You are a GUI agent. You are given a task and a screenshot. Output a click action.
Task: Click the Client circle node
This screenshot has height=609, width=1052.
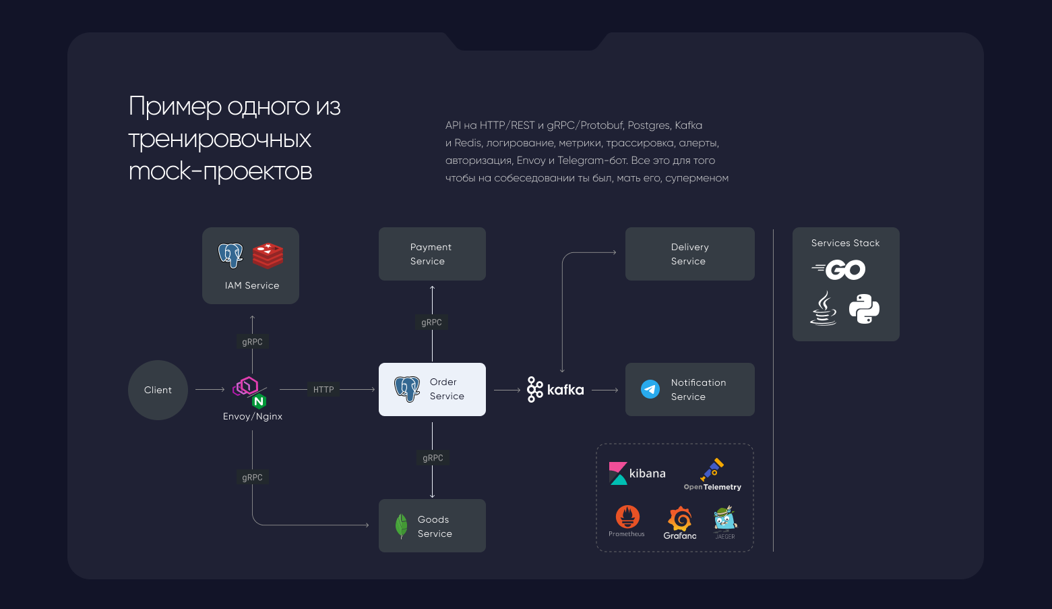pyautogui.click(x=158, y=390)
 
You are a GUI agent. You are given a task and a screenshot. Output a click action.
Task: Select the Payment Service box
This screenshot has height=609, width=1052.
pyautogui.click(x=432, y=254)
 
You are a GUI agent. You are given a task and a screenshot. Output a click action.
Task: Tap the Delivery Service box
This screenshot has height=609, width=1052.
pyautogui.click(x=689, y=254)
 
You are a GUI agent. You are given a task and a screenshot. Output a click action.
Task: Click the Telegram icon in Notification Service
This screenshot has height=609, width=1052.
pyautogui.click(x=650, y=389)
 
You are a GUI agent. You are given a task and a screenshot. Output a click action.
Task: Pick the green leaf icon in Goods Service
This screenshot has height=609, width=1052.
pyautogui.click(x=402, y=526)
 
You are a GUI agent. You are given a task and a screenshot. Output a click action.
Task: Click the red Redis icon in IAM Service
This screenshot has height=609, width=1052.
pyautogui.click(x=268, y=256)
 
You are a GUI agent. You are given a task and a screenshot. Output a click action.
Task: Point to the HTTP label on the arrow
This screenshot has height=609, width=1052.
pyautogui.click(x=323, y=389)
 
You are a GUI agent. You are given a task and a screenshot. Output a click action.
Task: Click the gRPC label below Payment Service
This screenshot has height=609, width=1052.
pyautogui.click(x=432, y=322)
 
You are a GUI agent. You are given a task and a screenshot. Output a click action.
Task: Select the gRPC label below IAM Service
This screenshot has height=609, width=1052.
pyautogui.click(x=253, y=342)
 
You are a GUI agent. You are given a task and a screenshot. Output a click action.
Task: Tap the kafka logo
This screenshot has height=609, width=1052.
pyautogui.click(x=555, y=389)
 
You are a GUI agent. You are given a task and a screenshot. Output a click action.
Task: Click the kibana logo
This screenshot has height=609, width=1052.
pyautogui.click(x=637, y=473)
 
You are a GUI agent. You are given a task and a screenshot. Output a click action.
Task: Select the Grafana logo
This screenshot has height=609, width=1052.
pyautogui.click(x=680, y=521)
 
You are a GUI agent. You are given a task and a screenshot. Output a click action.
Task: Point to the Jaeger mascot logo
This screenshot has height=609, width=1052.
pyautogui.click(x=725, y=521)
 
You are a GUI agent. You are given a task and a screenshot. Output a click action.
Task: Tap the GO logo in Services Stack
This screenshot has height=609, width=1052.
pyautogui.click(x=839, y=270)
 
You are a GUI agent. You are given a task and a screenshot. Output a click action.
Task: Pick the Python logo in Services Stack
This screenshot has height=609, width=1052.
pyautogui.click(x=864, y=309)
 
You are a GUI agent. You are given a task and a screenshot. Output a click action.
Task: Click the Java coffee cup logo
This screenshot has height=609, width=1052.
pyautogui.click(x=824, y=309)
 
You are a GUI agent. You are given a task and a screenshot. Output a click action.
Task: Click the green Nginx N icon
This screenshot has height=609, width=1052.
pyautogui.click(x=259, y=402)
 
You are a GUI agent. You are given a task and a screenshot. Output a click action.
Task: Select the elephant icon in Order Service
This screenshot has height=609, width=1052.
pyautogui.click(x=407, y=389)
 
